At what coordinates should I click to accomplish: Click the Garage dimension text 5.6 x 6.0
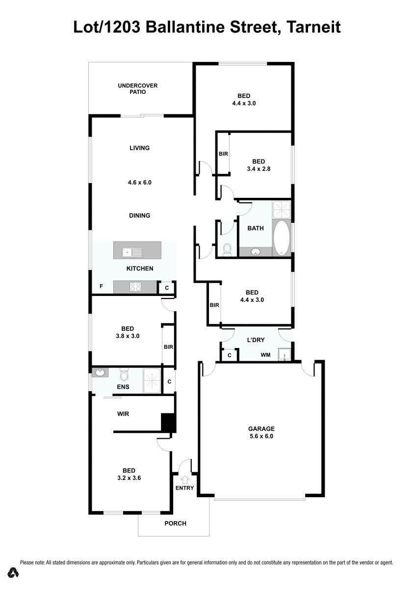(x=261, y=436)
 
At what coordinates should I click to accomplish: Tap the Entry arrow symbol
(x=185, y=480)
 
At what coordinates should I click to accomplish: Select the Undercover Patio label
(x=137, y=89)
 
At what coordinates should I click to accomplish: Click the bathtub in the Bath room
(x=282, y=238)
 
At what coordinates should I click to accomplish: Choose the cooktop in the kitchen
(x=135, y=287)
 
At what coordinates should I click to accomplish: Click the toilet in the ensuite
(x=124, y=375)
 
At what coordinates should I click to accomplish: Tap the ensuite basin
(x=100, y=373)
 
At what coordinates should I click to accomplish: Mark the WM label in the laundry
(x=265, y=355)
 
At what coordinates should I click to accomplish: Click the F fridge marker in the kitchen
(x=101, y=286)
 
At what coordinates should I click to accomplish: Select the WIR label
(x=123, y=414)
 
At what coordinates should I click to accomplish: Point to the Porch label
(x=175, y=523)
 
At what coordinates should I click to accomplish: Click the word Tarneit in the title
(x=313, y=27)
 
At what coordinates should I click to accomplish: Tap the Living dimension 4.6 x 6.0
(x=140, y=182)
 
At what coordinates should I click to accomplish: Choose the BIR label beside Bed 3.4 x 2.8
(x=223, y=154)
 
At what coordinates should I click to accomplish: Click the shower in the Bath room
(x=282, y=210)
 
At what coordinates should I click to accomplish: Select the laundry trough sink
(x=285, y=355)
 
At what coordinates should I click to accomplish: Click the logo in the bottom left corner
(x=13, y=572)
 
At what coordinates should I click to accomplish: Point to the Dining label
(x=140, y=215)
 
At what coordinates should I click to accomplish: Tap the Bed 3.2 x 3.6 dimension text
(x=129, y=478)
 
